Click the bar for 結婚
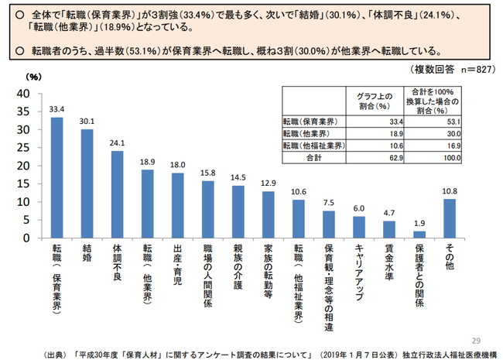pyautogui.click(x=87, y=183)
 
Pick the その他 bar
pyautogui.click(x=449, y=218)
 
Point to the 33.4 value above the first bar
pyautogui.click(x=56, y=108)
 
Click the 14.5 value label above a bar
pyautogui.click(x=238, y=177)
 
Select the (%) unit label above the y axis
pyautogui.click(x=34, y=77)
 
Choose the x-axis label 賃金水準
pyautogui.click(x=388, y=263)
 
